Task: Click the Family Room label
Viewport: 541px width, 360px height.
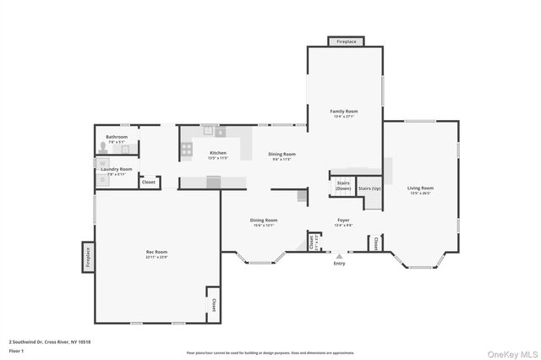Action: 344,112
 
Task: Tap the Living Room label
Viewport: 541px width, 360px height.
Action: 420,188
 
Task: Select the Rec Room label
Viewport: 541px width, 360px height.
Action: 156,252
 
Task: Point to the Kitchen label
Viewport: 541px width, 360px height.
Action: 218,153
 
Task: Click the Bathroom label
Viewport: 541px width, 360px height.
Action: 117,137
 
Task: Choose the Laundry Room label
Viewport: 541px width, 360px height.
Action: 117,169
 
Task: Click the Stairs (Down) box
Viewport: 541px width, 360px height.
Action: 343,185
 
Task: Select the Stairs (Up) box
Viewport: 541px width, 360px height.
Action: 369,188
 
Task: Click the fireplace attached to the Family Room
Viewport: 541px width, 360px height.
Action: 347,41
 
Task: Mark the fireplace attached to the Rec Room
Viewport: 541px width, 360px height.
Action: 87,257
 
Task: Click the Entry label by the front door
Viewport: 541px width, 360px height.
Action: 339,264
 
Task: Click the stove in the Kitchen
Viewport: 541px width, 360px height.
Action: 186,150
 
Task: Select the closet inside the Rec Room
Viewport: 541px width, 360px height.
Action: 213,303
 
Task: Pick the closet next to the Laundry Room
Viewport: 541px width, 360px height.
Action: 148,182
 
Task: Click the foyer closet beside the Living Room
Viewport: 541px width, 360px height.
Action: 373,243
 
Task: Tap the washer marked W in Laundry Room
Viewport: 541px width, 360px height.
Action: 103,163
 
